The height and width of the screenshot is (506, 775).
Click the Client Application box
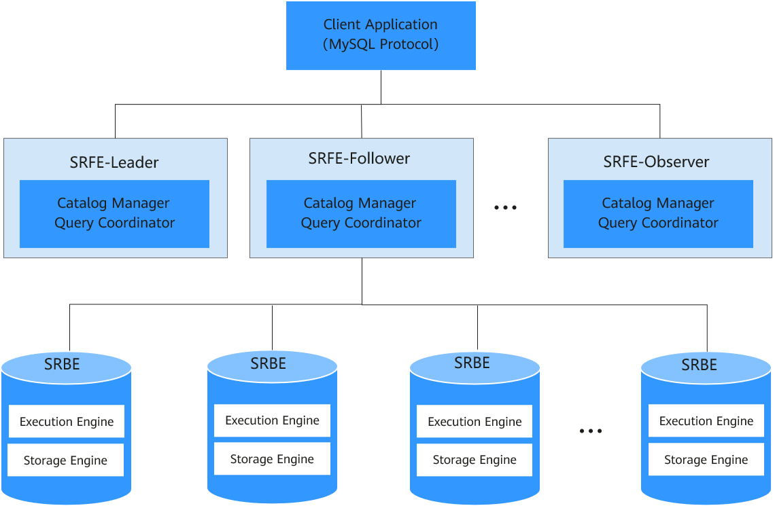tap(381, 35)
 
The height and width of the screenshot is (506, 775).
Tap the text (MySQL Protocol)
tap(381, 44)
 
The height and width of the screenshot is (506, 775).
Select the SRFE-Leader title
tap(114, 162)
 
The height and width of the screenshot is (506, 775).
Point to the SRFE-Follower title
tap(360, 158)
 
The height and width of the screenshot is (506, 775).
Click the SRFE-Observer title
tap(657, 162)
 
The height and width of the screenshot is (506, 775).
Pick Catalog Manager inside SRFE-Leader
tap(113, 203)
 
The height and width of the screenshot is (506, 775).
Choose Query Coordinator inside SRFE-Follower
tap(361, 223)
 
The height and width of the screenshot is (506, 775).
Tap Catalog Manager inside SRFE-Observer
tap(658, 203)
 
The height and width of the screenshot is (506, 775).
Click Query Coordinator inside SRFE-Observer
tap(658, 223)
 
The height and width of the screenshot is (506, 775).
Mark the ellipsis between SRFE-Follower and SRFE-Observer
tap(505, 208)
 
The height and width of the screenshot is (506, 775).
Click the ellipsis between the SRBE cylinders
tap(591, 431)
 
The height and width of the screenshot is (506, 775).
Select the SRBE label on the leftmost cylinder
tap(62, 364)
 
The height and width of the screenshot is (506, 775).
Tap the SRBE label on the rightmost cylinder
tap(699, 365)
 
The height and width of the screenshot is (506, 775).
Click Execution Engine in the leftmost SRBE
tap(67, 422)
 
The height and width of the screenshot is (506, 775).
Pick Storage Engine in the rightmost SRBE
tap(706, 460)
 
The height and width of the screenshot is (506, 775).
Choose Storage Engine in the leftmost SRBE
tap(65, 460)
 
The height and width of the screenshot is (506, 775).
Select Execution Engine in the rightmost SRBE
tap(706, 421)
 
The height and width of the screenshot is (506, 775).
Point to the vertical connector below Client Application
tap(381, 87)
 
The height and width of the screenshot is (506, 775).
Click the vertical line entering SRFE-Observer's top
tap(660, 121)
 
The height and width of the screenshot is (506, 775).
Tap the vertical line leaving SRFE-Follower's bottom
tap(362, 281)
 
